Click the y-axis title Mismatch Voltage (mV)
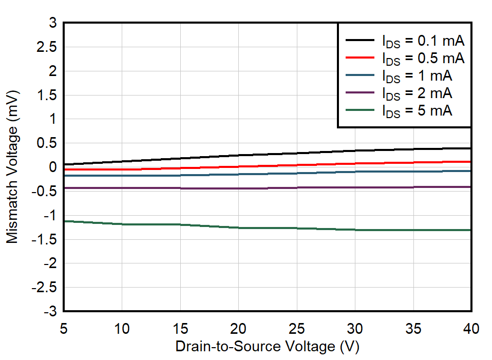coord(12,167)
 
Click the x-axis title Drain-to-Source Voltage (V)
coord(267,347)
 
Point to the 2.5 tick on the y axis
coord(47,47)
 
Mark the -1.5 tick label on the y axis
coord(45,240)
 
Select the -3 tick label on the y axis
coord(50,312)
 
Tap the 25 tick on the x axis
coord(297,327)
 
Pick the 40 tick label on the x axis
coord(470,327)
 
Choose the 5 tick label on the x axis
coord(64,327)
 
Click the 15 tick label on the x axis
coord(180,327)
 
